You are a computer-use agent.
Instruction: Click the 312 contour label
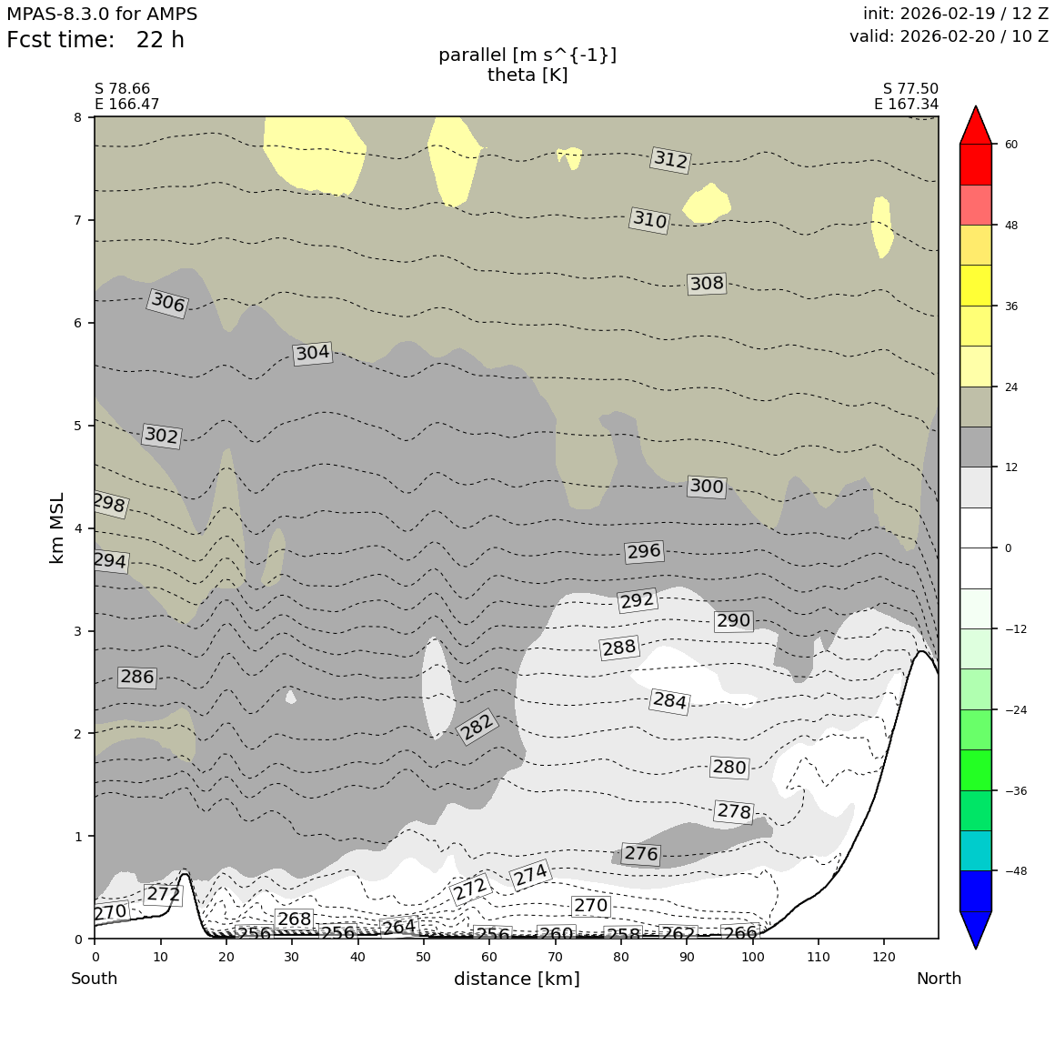pos(671,160)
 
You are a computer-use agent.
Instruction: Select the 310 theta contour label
pos(649,220)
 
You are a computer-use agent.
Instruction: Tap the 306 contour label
pos(167,303)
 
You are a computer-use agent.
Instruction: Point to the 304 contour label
pos(312,353)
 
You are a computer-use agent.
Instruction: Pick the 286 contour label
pos(137,677)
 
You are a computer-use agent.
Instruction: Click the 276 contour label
pos(641,854)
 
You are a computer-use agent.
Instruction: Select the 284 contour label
pos(669,701)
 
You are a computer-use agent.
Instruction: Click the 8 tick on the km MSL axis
pos(78,117)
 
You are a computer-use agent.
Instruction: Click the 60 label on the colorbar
pos(1010,145)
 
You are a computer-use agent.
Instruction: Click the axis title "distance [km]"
pos(517,980)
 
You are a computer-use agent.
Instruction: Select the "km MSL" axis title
pos(57,527)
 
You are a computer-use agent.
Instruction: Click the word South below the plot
pos(95,980)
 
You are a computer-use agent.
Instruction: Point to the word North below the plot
pos(939,980)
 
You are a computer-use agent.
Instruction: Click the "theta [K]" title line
pos(527,75)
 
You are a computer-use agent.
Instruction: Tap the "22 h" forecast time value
pos(160,41)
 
